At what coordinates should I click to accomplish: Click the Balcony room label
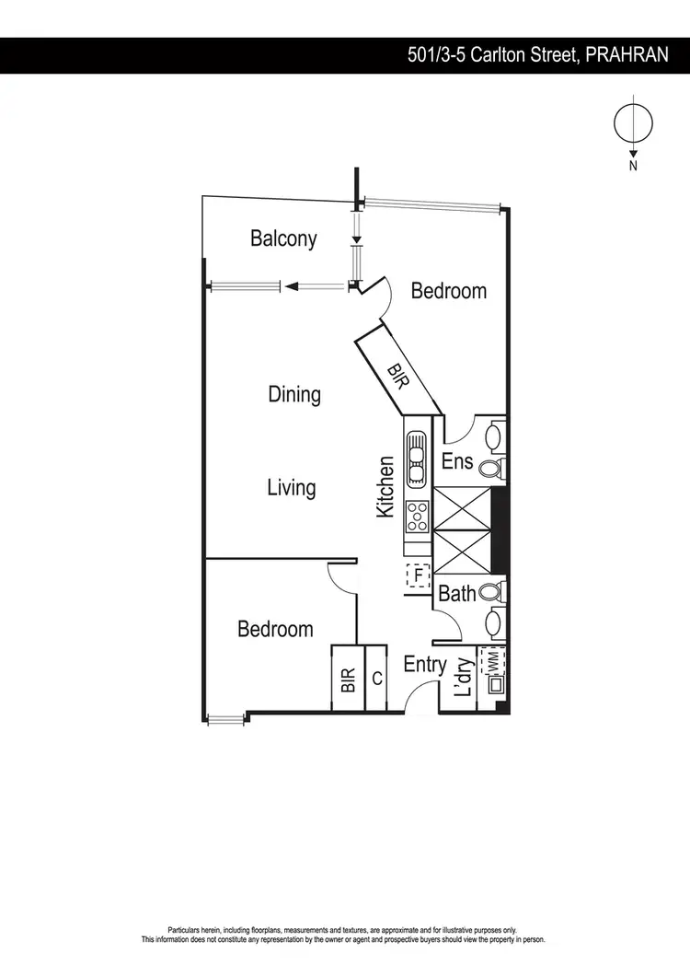(283, 238)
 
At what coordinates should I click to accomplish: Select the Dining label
(294, 394)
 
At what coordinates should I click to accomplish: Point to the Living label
(292, 487)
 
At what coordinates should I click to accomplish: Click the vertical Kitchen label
(386, 485)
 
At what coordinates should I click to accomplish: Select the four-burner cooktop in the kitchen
(417, 517)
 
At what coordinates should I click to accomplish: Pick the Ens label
(457, 460)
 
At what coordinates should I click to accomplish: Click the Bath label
(457, 594)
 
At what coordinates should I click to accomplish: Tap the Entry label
(425, 664)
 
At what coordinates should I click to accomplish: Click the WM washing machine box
(494, 661)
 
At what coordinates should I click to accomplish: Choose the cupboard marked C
(377, 679)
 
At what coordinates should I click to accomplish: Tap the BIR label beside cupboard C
(348, 680)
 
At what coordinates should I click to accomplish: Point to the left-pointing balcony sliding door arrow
(293, 286)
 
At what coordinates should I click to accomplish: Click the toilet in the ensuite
(491, 469)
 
